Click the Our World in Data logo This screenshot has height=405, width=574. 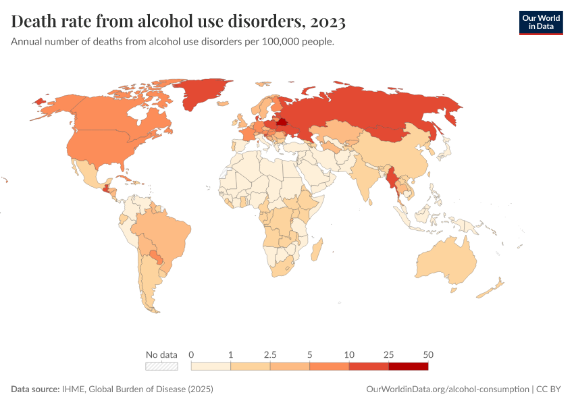[x=540, y=22]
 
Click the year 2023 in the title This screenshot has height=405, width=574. [x=328, y=22]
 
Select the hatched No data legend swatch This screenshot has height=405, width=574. [x=162, y=367]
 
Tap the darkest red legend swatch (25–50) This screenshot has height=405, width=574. [x=408, y=367]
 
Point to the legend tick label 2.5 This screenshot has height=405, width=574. [x=270, y=354]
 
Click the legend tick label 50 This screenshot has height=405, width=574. [x=427, y=354]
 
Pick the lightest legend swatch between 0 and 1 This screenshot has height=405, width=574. [x=211, y=367]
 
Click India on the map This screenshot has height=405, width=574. [x=368, y=179]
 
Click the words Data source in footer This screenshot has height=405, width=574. [x=35, y=389]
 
